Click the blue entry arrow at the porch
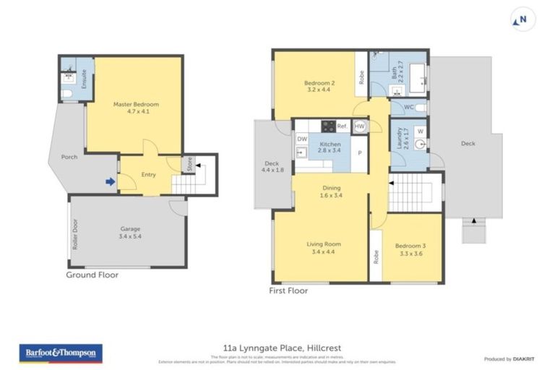point(110,182)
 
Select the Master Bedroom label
point(136,108)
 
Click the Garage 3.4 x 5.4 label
point(130,233)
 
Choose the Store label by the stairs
point(190,164)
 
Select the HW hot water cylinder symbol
point(359,126)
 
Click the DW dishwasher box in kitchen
point(301,139)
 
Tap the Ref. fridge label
point(342,126)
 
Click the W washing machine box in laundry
point(421,131)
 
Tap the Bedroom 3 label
point(410,249)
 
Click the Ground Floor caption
point(92,275)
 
